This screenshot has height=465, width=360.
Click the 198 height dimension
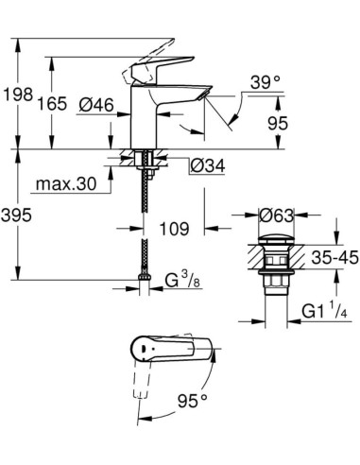click(x=18, y=95)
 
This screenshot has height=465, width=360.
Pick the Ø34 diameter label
click(x=207, y=166)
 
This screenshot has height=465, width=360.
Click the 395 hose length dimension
click(x=19, y=215)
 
